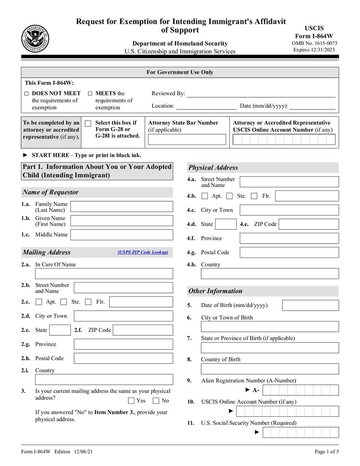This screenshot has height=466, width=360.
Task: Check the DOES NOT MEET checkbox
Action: pyautogui.click(x=27, y=94)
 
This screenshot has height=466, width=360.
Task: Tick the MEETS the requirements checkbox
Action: pyautogui.click(x=90, y=94)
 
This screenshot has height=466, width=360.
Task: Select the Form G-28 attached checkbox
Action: pyautogui.click(x=88, y=123)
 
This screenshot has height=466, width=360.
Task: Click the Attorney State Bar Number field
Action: pyautogui.click(x=187, y=140)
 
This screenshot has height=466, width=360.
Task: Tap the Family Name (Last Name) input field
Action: pyautogui.click(x=121, y=207)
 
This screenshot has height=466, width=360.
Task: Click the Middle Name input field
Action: pyautogui.click(x=121, y=235)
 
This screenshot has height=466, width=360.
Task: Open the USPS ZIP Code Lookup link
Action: pyautogui.click(x=143, y=253)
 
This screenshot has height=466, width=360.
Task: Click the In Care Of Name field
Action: pyautogui.click(x=104, y=273)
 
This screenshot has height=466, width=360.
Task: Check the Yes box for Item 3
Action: pyautogui.click(x=131, y=401)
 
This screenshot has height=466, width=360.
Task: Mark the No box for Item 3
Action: pyautogui.click(x=156, y=401)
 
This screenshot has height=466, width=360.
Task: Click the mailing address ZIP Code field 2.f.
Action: pyautogui.click(x=143, y=330)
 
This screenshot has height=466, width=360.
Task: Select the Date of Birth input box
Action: pyautogui.click(x=310, y=305)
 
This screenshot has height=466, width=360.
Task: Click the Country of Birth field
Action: pyautogui.click(x=270, y=369)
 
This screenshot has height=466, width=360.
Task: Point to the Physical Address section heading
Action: pyautogui.click(x=213, y=167)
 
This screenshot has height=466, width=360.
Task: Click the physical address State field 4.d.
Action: pyautogui.click(x=225, y=224)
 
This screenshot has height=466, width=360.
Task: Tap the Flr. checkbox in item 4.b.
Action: pyautogui.click(x=254, y=196)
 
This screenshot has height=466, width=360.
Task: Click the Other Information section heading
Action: pyautogui.click(x=215, y=291)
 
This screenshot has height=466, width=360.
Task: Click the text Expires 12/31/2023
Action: pyautogui.click(x=314, y=50)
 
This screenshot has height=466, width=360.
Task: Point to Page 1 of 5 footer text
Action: pyautogui.click(x=326, y=452)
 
